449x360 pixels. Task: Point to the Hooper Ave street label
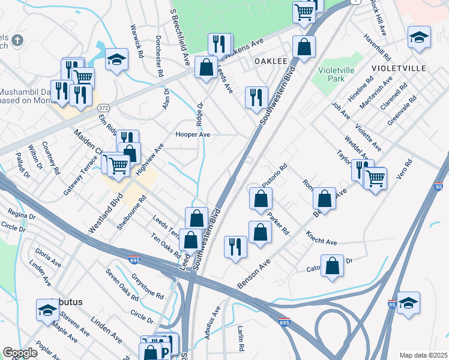(192, 135)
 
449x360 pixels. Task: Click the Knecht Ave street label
(321, 238)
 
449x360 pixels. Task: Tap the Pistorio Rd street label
(275, 169)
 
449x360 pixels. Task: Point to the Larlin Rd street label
(240, 339)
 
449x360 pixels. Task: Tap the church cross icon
(17, 41)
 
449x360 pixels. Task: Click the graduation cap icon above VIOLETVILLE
(418, 37)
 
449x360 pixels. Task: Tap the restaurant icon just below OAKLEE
(256, 97)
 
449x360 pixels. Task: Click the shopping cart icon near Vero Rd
(375, 177)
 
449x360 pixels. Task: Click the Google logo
(20, 353)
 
